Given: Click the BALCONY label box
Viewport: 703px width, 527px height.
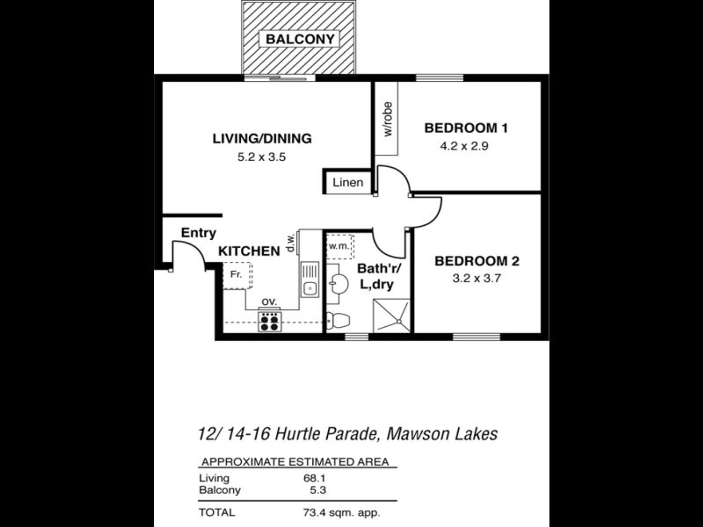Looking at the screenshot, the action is point(299,39).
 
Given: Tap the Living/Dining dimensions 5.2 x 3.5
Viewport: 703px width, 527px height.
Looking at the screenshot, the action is point(261,157).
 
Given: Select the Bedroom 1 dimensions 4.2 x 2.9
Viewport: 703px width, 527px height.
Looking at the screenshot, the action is point(464,146).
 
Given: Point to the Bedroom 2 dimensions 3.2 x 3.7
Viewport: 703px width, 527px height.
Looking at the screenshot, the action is point(476,278).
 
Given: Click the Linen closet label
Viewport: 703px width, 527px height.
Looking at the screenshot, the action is point(348,182).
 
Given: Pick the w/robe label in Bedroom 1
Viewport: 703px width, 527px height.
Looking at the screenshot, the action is point(387,119).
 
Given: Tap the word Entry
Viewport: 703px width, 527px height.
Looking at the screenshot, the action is point(199,233).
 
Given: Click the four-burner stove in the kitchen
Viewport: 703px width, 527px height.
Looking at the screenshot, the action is point(270,321).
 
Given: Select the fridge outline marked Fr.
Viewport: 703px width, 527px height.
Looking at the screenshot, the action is point(237,275).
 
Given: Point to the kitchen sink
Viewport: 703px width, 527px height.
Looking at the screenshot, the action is point(310,279).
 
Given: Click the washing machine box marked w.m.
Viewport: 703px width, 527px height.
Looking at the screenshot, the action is point(340,247).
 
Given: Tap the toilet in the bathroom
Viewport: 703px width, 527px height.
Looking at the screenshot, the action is point(338,320).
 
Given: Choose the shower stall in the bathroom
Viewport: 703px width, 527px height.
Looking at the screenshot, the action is point(391,315).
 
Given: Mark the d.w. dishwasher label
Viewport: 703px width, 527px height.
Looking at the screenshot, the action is point(290,242).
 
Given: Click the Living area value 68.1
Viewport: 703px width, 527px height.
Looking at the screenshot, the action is point(315,478).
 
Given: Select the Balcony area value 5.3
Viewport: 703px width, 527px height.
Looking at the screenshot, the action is point(318,490).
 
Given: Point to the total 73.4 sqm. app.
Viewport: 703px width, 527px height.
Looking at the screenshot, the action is point(341,513).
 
